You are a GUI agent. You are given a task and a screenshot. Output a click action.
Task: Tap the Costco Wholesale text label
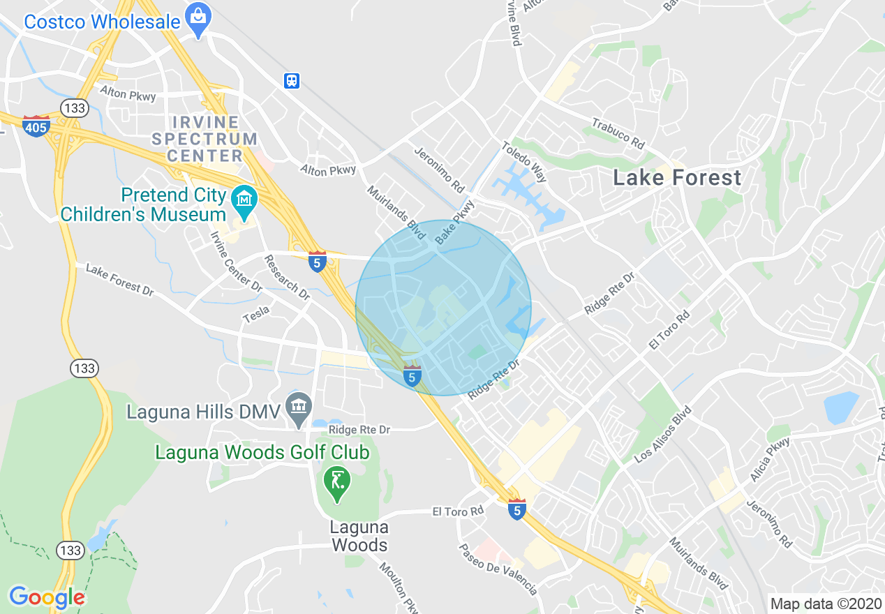(x=102, y=22)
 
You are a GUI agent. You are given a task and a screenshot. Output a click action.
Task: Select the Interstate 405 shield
(x=36, y=126)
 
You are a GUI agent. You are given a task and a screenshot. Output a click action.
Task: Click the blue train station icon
(x=292, y=81)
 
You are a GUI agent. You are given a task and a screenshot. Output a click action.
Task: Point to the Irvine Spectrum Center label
(x=204, y=139)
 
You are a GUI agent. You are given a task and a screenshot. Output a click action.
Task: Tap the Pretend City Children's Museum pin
(x=245, y=201)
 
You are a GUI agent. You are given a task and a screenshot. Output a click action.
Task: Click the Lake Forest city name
(x=677, y=178)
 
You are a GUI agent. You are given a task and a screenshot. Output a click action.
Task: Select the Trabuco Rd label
(x=618, y=133)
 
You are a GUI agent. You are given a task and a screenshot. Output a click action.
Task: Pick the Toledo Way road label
(x=524, y=161)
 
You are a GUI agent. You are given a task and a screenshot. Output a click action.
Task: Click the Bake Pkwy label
(x=454, y=222)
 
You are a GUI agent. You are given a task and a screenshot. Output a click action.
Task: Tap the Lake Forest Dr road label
(x=119, y=279)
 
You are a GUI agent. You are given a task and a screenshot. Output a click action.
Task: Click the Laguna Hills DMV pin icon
(x=299, y=408)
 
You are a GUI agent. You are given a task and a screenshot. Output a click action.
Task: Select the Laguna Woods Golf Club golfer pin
(x=338, y=483)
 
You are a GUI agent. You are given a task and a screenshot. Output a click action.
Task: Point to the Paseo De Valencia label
(x=498, y=569)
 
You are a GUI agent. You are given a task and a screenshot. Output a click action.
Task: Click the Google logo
(x=47, y=597)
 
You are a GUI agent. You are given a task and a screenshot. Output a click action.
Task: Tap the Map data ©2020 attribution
(x=824, y=604)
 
